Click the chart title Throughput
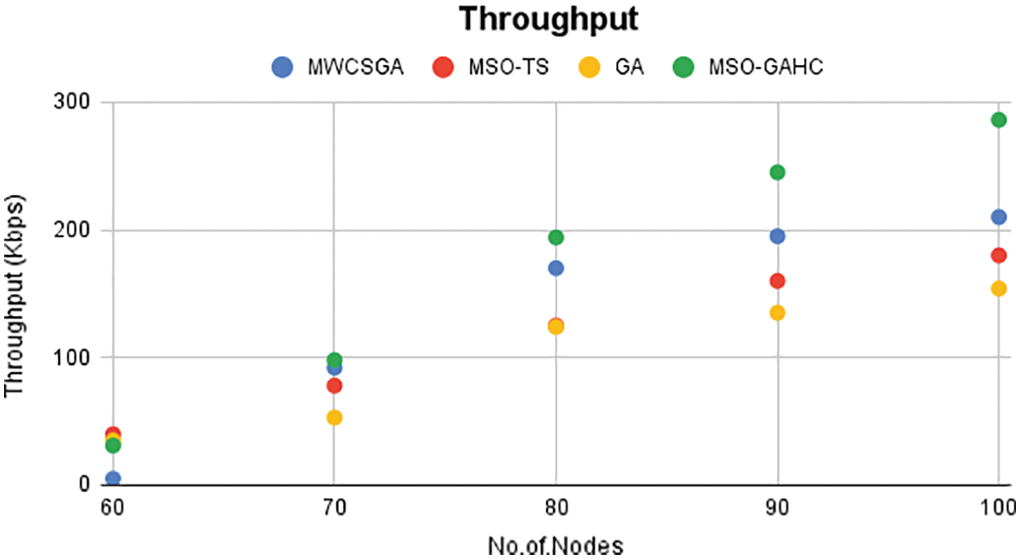coord(549,19)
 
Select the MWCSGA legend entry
coord(337,67)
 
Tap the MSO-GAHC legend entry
coord(749,67)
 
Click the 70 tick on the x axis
coord(334,509)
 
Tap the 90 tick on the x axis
coord(778,509)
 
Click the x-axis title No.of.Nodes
coord(555,544)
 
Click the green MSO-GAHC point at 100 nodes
coord(998,120)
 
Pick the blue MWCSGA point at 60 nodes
coord(113,479)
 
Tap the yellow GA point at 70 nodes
coord(334,418)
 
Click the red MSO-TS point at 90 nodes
coord(777,281)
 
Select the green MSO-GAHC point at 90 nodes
coord(777,172)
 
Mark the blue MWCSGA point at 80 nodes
coord(556,268)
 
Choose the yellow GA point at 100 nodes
coord(998,288)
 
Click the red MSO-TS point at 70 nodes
coord(334,385)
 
